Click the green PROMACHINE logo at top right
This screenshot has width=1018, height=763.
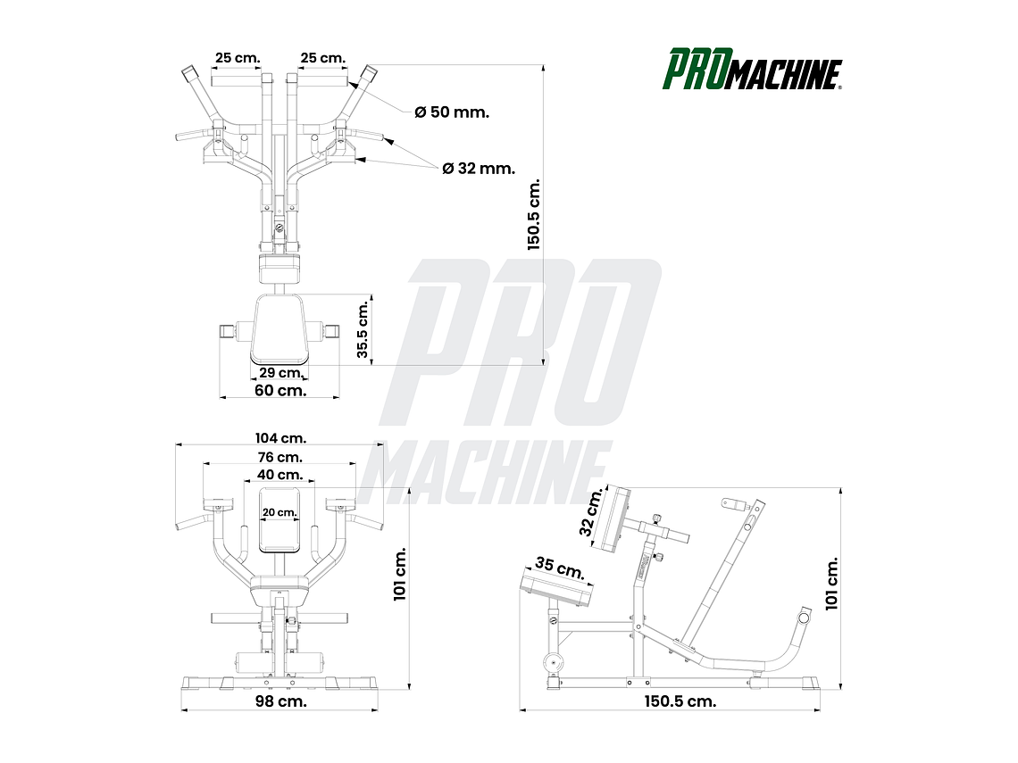pos(752,70)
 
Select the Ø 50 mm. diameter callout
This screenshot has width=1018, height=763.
pos(452,112)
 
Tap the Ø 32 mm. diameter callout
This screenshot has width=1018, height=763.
pos(479,168)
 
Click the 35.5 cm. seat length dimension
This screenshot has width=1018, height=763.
pos(363,329)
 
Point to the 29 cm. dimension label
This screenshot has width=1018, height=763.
pos(280,373)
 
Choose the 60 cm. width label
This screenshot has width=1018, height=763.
pos(280,391)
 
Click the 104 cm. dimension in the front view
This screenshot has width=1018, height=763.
pos(280,438)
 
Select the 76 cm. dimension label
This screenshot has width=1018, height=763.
pos(280,458)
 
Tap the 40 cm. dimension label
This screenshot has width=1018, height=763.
pos(280,476)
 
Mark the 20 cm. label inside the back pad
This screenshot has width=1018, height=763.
pos(280,512)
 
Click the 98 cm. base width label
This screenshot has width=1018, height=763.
pos(280,701)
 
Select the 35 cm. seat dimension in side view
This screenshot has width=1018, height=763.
pos(559,568)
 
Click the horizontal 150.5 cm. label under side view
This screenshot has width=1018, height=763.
pos(680,701)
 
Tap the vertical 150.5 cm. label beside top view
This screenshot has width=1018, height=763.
pos(535,215)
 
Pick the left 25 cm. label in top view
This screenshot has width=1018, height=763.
pos(237,58)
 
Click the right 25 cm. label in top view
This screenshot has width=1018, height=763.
pos(322,58)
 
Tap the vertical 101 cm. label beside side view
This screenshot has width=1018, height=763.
pos(832,584)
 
